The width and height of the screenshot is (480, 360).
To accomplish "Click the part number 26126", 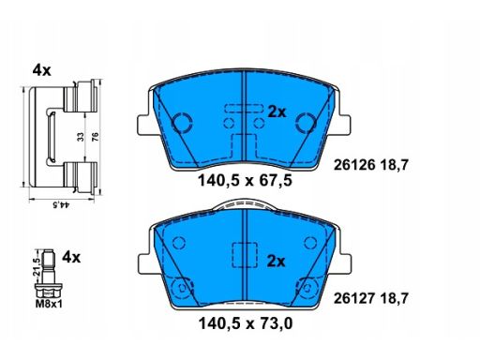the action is [354, 165].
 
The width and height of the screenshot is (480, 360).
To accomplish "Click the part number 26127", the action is [354, 299].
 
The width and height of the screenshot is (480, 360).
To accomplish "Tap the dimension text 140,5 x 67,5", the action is [246, 181].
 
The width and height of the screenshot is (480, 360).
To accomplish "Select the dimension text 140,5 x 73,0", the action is [246, 323].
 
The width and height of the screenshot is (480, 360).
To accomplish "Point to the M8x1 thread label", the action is [49, 304].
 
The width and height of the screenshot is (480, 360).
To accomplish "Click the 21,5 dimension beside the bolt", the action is [37, 266].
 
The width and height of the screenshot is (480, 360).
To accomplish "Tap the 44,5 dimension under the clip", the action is [61, 205].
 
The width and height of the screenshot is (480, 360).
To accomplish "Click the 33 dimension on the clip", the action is [81, 137].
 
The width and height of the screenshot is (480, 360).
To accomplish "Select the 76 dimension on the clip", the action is [95, 137].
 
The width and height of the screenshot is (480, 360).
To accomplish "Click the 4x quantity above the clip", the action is [41, 71].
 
